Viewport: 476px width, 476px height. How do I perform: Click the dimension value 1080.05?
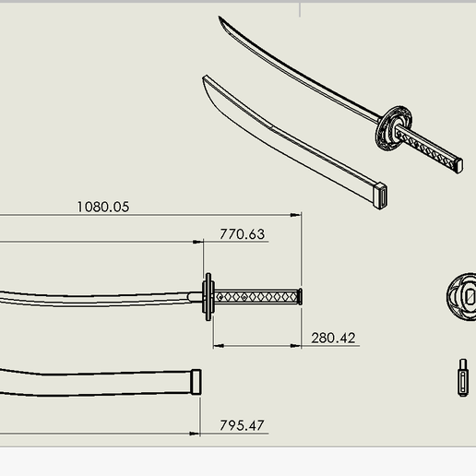point(102,207)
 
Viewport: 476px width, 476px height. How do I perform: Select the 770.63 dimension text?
point(242,234)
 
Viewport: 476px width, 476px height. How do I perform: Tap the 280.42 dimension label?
point(333,339)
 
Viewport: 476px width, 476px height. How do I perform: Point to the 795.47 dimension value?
point(242,425)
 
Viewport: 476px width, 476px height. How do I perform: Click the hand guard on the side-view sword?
point(208,296)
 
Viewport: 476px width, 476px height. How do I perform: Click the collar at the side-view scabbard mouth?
point(196,382)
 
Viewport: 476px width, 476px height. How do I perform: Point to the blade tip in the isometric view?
point(221,19)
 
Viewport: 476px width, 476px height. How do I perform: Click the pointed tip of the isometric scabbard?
point(204,78)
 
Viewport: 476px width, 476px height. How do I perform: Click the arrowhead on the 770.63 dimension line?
point(198,243)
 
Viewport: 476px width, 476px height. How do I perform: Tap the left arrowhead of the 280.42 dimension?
point(218,347)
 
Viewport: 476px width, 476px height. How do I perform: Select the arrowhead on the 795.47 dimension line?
point(196,434)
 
